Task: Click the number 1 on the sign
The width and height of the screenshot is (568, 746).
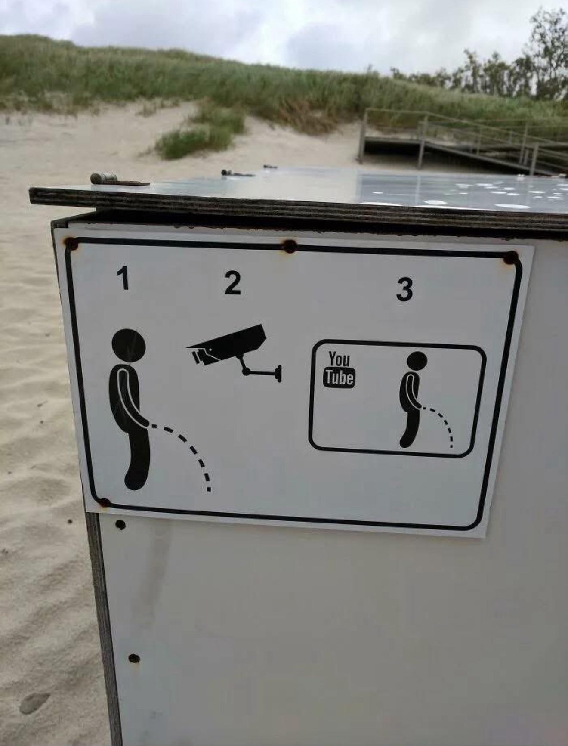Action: [123, 278]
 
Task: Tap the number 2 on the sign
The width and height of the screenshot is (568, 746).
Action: [233, 283]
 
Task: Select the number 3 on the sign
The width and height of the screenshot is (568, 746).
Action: [404, 289]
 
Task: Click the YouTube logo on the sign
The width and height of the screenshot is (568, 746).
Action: [340, 369]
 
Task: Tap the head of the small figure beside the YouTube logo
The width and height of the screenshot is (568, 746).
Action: [417, 361]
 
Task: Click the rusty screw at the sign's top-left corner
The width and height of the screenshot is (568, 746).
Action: [71, 244]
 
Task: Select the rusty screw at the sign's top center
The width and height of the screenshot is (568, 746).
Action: [290, 246]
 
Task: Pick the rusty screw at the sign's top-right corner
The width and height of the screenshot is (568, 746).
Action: [510, 258]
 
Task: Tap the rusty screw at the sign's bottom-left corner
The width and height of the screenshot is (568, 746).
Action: [104, 502]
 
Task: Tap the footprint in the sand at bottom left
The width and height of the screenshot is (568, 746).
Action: [34, 702]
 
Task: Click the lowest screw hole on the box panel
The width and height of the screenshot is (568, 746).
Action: [134, 658]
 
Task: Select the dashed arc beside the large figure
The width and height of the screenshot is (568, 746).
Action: [192, 448]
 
